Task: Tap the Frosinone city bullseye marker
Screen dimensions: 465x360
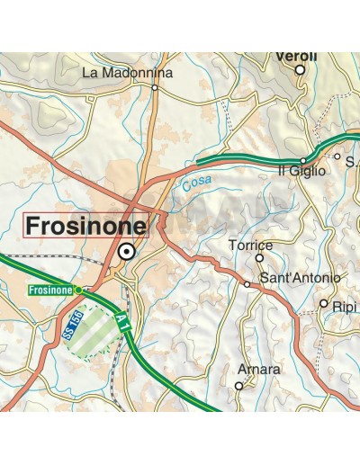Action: [128, 252]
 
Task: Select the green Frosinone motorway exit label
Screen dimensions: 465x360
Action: [50, 290]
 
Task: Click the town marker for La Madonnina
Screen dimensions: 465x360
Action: [155, 88]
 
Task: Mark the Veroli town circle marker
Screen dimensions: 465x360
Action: [300, 69]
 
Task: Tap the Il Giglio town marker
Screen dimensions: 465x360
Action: [303, 160]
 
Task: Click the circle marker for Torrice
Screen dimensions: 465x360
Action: [259, 257]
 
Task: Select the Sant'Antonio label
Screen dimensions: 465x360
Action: [300, 279]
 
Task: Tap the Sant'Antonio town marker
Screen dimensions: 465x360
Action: [247, 284]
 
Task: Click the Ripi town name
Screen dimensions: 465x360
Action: [344, 306]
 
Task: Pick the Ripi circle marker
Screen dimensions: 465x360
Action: [324, 303]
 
